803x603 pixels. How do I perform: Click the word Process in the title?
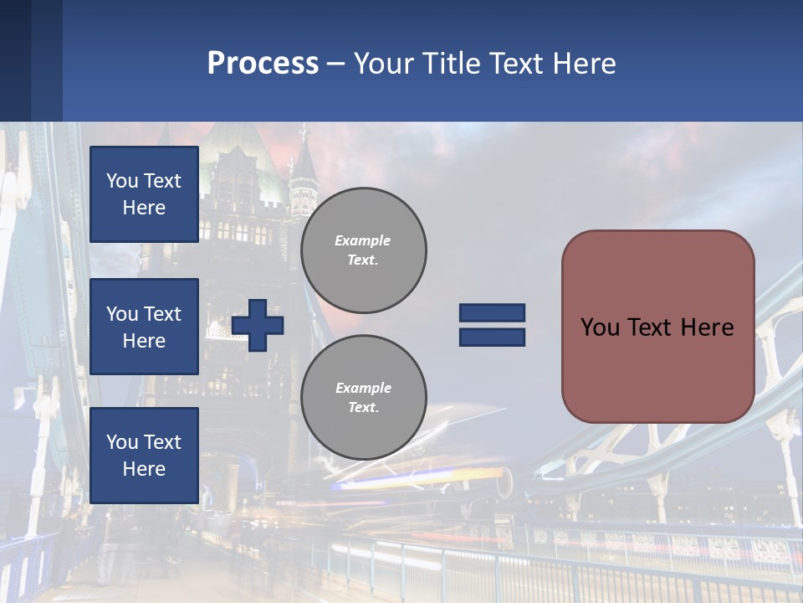tap(263, 64)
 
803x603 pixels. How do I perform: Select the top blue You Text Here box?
tap(144, 194)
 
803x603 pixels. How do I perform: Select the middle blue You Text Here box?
tap(144, 327)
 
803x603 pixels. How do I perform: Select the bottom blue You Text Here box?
tap(144, 456)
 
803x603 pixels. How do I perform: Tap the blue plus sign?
tap(258, 325)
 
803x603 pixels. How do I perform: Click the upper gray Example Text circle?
tap(363, 250)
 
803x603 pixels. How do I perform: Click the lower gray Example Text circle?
tap(363, 397)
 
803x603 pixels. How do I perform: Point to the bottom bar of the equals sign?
tap(492, 337)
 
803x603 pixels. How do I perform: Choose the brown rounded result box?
tap(657, 327)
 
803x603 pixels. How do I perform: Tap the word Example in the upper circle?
tap(363, 240)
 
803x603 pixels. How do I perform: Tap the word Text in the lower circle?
tap(363, 407)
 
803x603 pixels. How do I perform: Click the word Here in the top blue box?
tap(144, 208)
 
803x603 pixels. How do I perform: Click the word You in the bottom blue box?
tap(122, 442)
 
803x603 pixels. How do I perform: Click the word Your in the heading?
tap(385, 64)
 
